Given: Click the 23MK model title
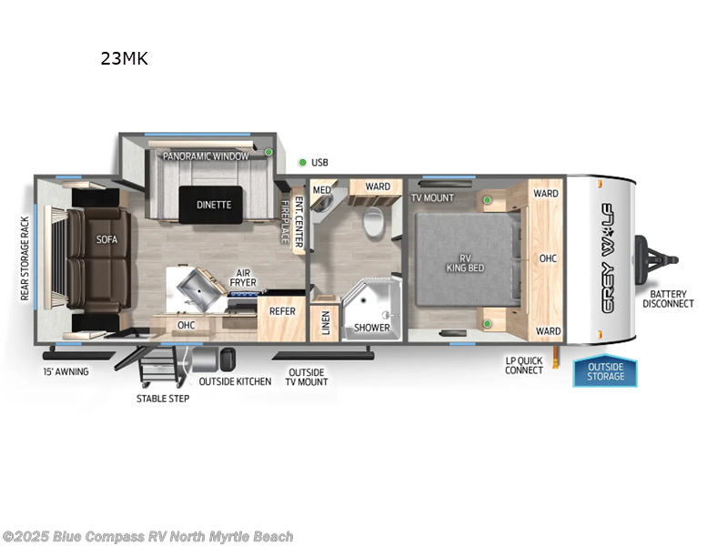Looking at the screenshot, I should (x=124, y=59).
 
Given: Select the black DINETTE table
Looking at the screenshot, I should (x=214, y=205).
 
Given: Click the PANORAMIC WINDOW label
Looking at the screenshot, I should (x=206, y=157).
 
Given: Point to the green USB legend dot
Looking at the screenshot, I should (x=302, y=163).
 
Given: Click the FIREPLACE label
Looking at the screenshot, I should (x=285, y=221).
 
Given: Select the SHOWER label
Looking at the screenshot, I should (x=371, y=328).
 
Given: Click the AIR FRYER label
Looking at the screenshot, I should (x=242, y=277).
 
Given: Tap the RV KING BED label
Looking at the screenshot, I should (x=464, y=263).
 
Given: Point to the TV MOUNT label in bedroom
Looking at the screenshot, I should (x=432, y=197).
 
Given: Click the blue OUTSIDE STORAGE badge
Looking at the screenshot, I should (x=605, y=372).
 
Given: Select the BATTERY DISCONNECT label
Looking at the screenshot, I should (x=669, y=299).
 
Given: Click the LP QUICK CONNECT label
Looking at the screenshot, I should (x=524, y=366).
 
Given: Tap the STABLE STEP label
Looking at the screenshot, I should (x=163, y=399).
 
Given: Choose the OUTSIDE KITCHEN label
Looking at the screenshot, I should (x=235, y=381).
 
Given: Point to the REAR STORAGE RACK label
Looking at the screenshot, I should (x=25, y=258).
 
